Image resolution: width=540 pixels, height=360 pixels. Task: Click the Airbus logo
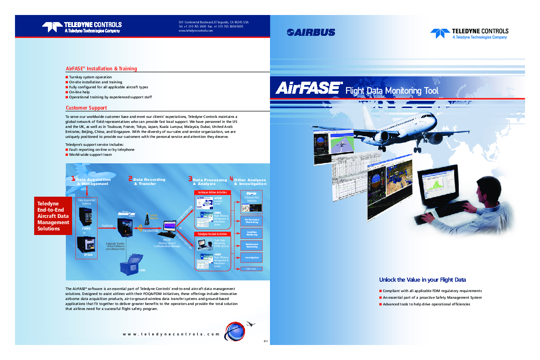click(311, 32)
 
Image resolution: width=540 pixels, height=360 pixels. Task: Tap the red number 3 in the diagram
click(190, 179)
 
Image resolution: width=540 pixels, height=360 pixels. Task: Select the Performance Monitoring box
click(252, 221)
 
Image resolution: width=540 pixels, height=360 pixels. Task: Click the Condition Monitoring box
click(252, 234)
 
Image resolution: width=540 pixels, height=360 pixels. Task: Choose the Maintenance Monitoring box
click(252, 246)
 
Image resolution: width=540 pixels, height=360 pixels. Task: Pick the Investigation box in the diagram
click(252, 257)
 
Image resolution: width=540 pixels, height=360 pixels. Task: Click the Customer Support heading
click(86, 108)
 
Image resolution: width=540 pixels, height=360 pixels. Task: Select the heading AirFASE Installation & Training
click(101, 68)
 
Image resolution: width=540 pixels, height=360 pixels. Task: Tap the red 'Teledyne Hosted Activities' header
click(212, 234)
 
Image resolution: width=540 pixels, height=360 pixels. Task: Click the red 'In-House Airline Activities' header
click(212, 192)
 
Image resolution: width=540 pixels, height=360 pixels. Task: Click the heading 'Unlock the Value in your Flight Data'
click(422, 280)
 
